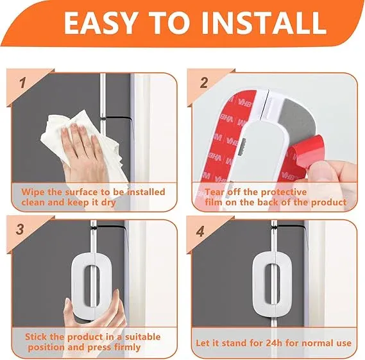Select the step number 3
pos(21,229)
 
